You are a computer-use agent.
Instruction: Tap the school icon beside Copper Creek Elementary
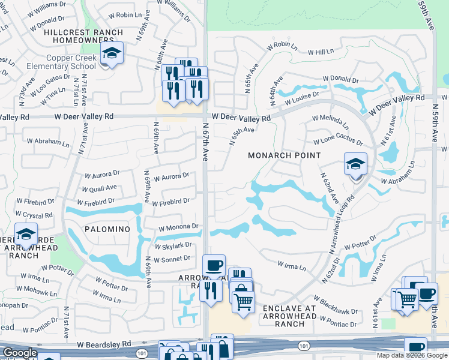(x=111, y=54)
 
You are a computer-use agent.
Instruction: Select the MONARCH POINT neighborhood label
(x=284, y=155)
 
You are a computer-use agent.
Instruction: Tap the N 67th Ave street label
(x=205, y=142)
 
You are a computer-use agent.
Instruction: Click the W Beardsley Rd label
(x=104, y=344)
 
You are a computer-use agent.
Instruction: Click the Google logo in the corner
(x=20, y=353)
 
